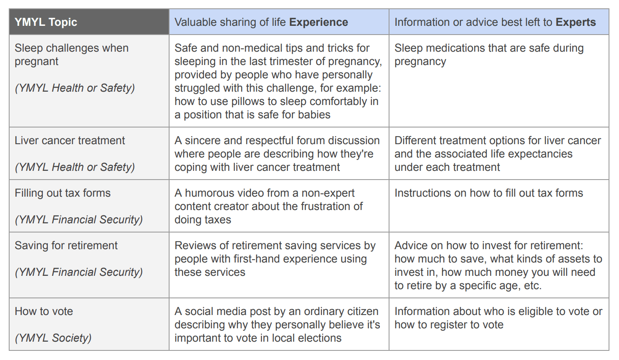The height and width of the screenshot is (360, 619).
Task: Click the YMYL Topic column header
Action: click(x=46, y=22)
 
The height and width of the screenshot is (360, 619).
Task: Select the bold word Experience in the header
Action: click(x=318, y=22)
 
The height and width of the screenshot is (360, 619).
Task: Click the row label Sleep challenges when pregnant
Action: click(x=71, y=55)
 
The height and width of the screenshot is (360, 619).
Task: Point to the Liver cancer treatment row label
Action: click(x=70, y=140)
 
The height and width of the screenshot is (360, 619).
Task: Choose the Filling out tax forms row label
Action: click(x=62, y=193)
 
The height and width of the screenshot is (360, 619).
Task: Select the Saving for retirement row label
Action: click(x=66, y=245)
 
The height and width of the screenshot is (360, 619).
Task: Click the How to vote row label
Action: click(x=44, y=311)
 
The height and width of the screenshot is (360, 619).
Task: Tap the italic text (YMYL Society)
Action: click(x=53, y=338)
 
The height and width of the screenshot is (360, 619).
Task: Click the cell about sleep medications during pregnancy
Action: click(x=489, y=55)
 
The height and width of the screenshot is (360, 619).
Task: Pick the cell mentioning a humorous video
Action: click(x=268, y=206)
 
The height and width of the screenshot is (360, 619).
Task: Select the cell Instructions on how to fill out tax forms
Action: click(x=488, y=193)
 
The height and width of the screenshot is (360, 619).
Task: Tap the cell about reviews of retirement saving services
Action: click(x=275, y=259)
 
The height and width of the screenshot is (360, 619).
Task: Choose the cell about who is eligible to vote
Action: click(x=498, y=318)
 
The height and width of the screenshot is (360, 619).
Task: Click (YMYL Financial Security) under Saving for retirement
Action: click(x=79, y=272)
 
